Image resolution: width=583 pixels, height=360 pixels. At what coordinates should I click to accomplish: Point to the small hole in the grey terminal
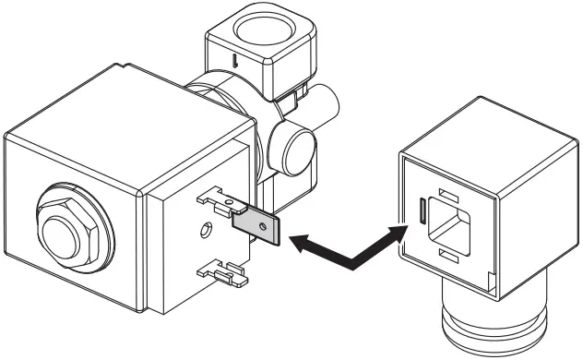tap(264, 224)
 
